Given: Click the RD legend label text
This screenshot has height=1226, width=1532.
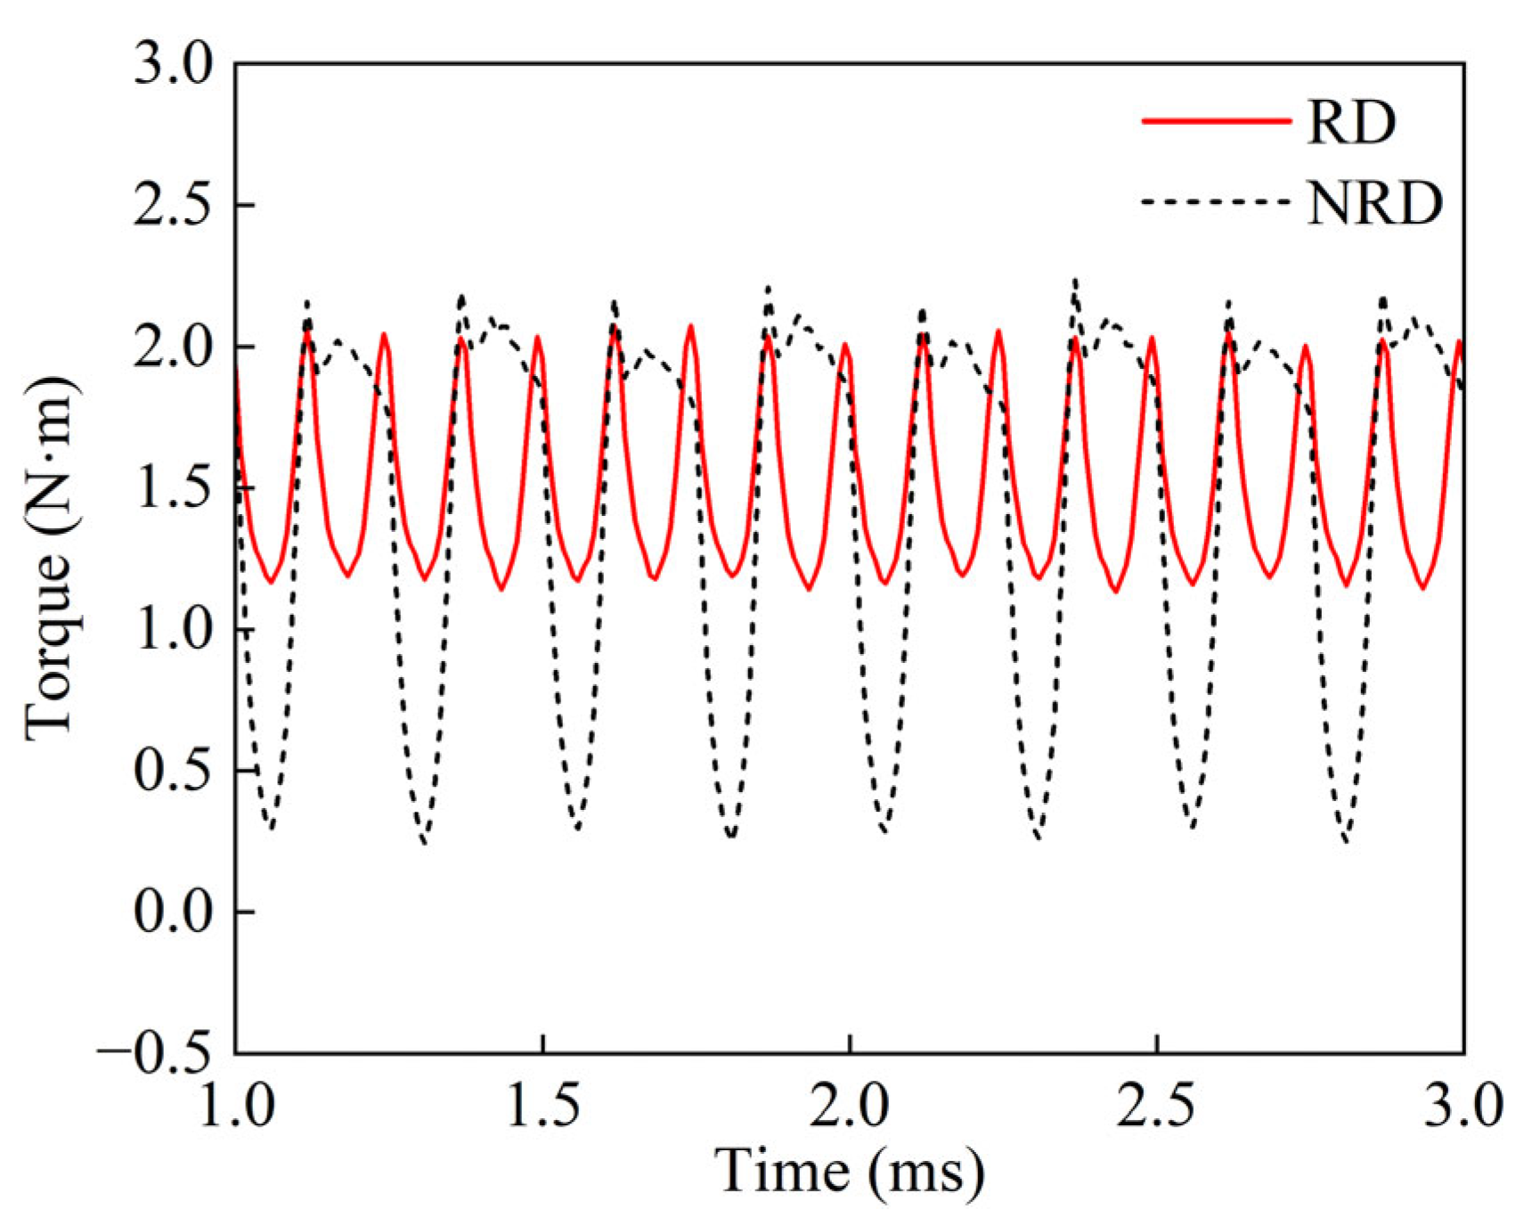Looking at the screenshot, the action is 1350,121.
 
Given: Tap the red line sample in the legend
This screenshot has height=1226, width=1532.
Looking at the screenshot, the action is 1216,121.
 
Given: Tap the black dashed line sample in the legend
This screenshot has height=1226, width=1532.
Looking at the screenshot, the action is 1216,202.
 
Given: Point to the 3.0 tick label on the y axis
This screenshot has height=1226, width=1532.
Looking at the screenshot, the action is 175,64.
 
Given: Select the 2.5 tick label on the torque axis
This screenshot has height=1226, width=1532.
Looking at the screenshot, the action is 175,206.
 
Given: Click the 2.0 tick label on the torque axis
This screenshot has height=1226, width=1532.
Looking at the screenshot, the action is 175,347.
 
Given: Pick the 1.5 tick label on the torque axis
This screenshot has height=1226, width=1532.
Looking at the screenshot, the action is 175,488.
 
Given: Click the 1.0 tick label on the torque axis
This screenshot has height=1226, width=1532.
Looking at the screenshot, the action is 175,630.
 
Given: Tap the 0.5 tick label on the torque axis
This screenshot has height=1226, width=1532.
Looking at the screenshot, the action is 175,771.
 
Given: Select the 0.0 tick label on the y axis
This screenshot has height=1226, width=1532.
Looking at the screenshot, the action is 175,912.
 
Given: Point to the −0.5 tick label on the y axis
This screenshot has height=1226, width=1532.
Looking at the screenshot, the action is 157,1053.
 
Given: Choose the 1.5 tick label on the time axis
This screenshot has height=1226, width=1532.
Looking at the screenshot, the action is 543,1106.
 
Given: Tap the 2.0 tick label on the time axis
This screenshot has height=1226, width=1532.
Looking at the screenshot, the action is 851,1106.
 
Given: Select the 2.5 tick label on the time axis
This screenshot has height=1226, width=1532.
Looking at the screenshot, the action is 1157,1106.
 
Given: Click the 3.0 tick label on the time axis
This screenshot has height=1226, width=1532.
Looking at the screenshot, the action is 1463,1106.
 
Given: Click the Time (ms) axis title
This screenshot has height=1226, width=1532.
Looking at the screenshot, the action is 851,1172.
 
